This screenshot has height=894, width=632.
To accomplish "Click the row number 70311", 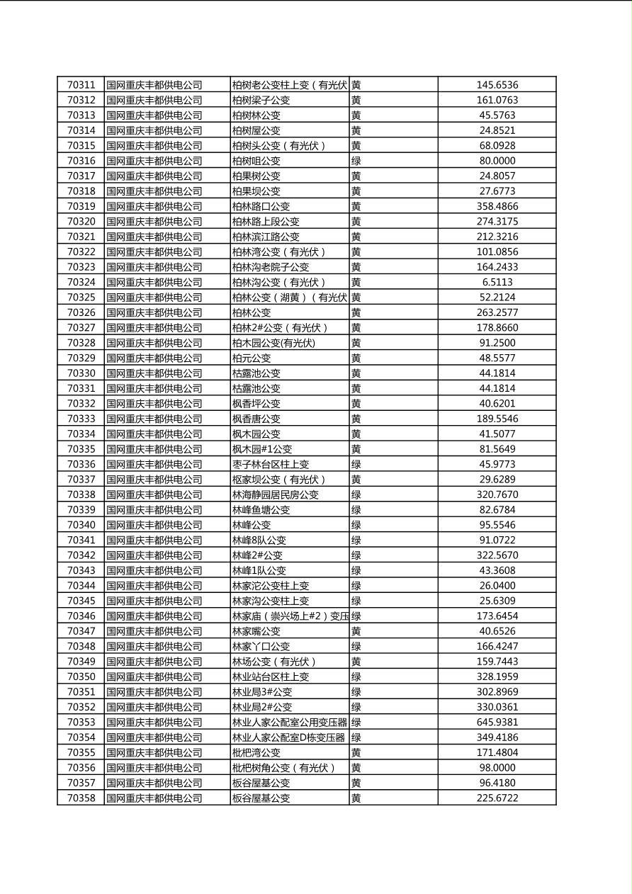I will tap(81, 85).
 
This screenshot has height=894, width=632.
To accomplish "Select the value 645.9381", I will tap(497, 723).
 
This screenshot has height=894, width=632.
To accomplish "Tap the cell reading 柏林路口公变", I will tap(261, 206).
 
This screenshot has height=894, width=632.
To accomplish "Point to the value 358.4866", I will tap(497, 206).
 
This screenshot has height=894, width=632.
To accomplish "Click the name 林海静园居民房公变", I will tap(275, 495).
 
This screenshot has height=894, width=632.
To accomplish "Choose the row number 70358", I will tap(81, 798).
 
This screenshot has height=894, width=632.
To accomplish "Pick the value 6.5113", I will tap(497, 282).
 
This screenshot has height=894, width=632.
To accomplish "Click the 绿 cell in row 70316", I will tap(356, 161).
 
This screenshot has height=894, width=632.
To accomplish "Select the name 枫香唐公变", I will tap(256, 419).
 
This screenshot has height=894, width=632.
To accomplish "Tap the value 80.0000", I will tap(497, 161).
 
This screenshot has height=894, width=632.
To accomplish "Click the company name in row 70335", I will tap(154, 449).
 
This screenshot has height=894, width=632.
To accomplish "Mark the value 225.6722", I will tap(497, 798).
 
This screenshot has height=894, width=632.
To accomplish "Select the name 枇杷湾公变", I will tap(256, 753).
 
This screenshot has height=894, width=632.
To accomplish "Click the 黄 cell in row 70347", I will tap(356, 631).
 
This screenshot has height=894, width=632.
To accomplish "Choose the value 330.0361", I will tap(497, 707).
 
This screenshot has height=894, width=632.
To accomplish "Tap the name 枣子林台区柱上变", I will tap(270, 465).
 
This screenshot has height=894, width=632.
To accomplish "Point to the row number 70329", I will tap(81, 358).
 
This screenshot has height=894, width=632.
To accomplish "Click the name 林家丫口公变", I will tap(261, 647).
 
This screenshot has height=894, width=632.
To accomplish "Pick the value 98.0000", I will tap(497, 768).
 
